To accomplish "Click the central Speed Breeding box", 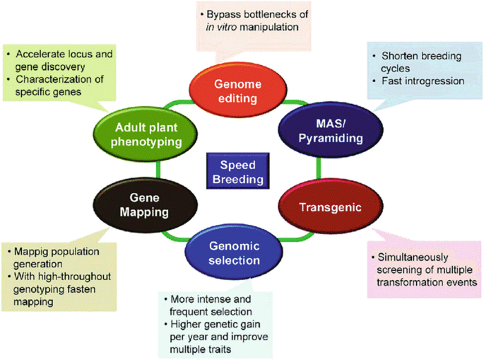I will tap(236, 171).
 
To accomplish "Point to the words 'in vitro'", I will tap(221, 28).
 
